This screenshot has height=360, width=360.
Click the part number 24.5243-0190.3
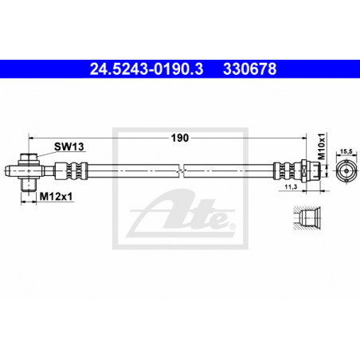point(147,69)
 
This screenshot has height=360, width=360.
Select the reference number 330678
point(249,69)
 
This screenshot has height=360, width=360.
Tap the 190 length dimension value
point(180,138)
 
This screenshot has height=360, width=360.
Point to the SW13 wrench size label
point(69,147)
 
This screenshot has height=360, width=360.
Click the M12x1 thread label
point(56,197)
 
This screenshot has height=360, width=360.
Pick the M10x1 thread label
point(322,147)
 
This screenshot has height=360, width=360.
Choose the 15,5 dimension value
point(346,151)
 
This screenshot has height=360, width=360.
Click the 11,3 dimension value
point(291,187)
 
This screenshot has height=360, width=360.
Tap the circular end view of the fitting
point(346,170)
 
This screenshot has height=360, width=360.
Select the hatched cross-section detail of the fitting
point(307,218)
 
